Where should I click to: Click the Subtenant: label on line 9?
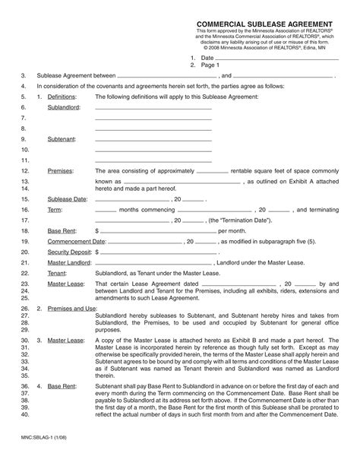(x=62, y=140)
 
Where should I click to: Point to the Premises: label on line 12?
(x=62, y=172)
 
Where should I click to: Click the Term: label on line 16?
(x=55, y=208)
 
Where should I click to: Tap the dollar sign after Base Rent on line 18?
(x=96, y=230)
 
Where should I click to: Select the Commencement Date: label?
(x=74, y=240)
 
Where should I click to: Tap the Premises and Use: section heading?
(x=72, y=309)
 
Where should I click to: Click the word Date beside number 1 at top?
(x=207, y=58)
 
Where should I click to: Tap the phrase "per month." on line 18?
(x=232, y=230)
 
